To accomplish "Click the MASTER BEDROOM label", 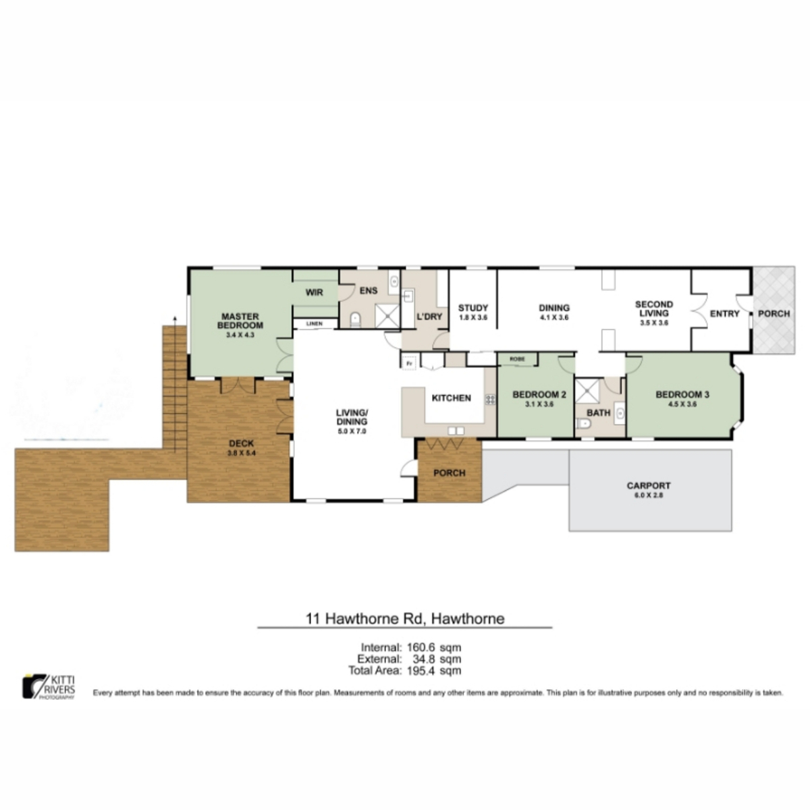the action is tap(240, 321).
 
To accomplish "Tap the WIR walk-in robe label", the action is tap(315, 292).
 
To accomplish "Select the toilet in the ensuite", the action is tap(356, 319).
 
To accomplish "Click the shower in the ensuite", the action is tap(387, 315).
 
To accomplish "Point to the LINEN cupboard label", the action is tap(315, 324).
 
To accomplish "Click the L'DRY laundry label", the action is tap(429, 317).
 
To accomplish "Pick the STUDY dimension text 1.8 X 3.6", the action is tap(473, 317).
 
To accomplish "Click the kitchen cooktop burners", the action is tap(491, 399).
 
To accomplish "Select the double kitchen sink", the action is tap(456, 431).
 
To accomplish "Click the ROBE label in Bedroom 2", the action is tap(517, 359).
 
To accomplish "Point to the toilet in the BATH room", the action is tap(583, 424).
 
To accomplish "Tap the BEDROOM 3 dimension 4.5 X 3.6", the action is tap(682, 404).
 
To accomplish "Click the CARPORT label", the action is tap(649, 486).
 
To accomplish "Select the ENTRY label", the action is tap(725, 314).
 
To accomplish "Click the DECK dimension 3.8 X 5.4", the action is tap(241, 453).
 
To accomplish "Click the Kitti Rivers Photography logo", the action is tap(49, 687).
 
